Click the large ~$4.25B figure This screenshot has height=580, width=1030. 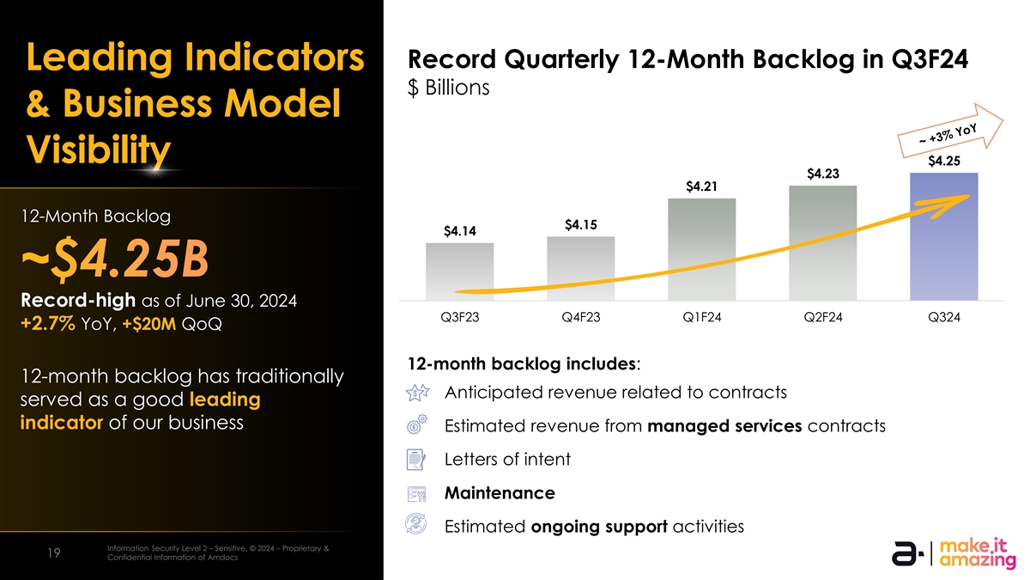pyautogui.click(x=118, y=262)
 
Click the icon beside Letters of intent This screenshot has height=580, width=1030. pyautogui.click(x=416, y=460)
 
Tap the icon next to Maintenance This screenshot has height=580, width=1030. pyautogui.click(x=416, y=494)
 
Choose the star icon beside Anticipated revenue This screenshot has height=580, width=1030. pyautogui.click(x=416, y=393)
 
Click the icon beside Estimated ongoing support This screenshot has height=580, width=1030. pyautogui.click(x=416, y=527)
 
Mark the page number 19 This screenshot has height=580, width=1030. pyautogui.click(x=54, y=554)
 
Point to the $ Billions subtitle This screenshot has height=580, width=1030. pyautogui.click(x=450, y=89)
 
